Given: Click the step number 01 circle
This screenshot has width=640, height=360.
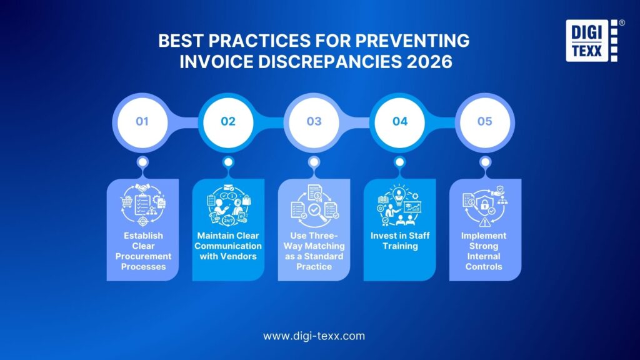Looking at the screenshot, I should pos(142,121).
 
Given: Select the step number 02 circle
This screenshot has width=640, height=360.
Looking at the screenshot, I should pos(228,121).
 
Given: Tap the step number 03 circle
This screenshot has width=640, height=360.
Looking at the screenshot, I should pos(314,121).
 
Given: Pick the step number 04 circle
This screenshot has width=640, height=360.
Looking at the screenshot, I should pos(399,121).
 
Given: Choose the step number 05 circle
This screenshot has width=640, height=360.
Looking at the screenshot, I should pos(485,121).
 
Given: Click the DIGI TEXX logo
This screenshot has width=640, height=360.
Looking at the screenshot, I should pos(591,41).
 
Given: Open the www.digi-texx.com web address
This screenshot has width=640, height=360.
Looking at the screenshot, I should pos(314,336).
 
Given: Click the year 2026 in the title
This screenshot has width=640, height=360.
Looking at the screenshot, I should pos(430,62).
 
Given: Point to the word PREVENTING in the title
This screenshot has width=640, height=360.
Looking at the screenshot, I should pos(415,42).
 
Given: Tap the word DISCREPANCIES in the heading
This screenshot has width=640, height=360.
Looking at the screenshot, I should pos(327,62).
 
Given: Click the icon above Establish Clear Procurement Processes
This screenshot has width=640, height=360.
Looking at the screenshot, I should pos(142,204).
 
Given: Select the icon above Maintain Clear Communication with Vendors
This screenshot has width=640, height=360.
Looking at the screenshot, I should pos(228,204).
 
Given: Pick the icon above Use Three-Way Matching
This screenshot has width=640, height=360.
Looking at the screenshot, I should pos(314,204).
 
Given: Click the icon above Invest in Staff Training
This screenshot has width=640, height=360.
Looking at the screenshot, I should pos(399,204).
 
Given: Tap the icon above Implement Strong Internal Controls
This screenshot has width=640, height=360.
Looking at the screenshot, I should pos(485,204).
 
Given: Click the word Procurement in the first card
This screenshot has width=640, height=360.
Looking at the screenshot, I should pos(142,256).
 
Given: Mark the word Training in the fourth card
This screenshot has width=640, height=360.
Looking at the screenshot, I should pos(399,246).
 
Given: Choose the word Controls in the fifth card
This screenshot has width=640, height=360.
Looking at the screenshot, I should pos(485,267).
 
